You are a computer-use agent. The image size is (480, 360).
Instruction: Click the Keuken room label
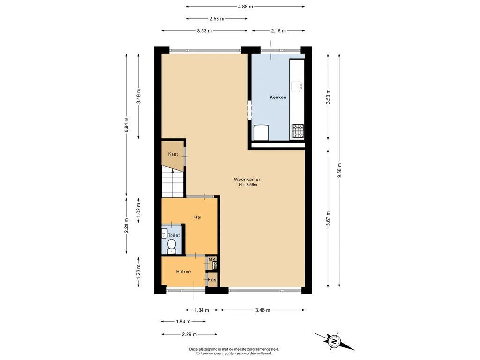pyautogui.click(x=278, y=97)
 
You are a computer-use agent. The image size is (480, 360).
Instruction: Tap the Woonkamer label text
pyautogui.click(x=247, y=180)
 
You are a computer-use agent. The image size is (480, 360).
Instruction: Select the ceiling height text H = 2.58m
pyautogui.click(x=248, y=185)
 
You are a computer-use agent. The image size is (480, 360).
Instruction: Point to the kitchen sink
pyautogui.click(x=296, y=86)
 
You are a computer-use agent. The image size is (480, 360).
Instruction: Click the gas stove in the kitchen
pyautogui.click(x=297, y=131)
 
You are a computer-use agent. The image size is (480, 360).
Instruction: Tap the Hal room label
pyautogui.click(x=198, y=217)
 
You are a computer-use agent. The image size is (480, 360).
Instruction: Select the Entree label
pyautogui.click(x=183, y=272)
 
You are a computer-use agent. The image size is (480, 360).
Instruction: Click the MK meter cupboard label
pyautogui.click(x=212, y=260)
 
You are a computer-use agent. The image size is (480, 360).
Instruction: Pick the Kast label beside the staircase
pyautogui.click(x=173, y=154)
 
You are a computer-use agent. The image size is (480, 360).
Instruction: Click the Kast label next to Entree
pyautogui.click(x=213, y=280)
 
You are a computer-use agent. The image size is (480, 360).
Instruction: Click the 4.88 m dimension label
pyautogui.click(x=246, y=7)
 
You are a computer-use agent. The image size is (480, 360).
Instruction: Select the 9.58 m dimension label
pyautogui.click(x=339, y=170)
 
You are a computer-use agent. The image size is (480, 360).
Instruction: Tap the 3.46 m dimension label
pyautogui.click(x=262, y=310)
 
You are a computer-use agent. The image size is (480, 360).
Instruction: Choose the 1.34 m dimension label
pyautogui.click(x=202, y=310)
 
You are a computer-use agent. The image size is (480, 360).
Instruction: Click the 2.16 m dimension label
pyautogui.click(x=278, y=31)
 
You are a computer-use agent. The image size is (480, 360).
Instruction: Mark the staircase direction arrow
pyautogui.click(x=173, y=183)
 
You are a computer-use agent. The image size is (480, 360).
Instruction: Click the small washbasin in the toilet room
pyautogui.click(x=164, y=233)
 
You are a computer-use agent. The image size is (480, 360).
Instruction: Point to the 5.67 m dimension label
pyautogui.click(x=328, y=219)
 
